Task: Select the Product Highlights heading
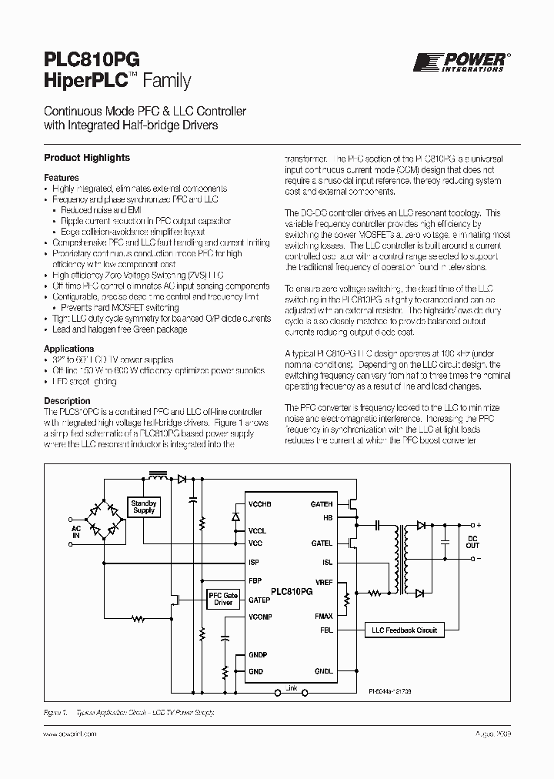[87, 158]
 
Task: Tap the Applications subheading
[69, 349]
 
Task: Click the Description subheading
[67, 401]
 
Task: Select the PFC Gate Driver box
[223, 598]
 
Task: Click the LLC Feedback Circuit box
[405, 630]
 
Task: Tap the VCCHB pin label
[261, 503]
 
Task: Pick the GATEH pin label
[321, 503]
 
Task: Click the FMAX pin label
[323, 616]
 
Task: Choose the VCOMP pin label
[260, 617]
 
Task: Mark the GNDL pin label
[323, 671]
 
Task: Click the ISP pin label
[254, 562]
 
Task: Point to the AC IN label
[76, 535]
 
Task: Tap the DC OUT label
[473, 541]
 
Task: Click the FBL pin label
[326, 630]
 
